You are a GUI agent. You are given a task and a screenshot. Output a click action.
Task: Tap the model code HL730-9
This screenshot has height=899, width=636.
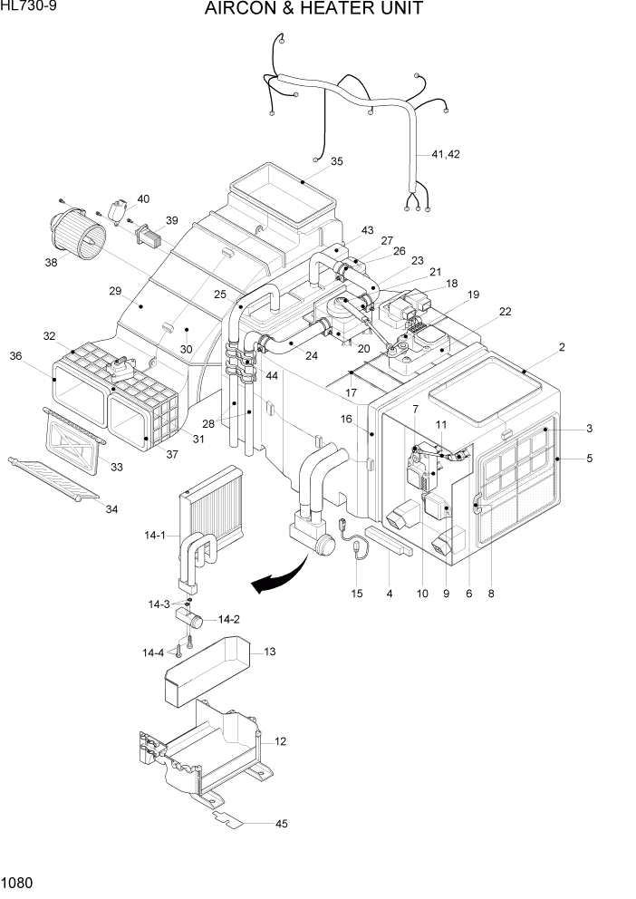tap(28, 7)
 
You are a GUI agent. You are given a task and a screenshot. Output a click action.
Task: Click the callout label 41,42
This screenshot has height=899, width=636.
tap(445, 155)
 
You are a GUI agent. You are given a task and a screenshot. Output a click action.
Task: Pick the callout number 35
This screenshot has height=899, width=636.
tap(336, 162)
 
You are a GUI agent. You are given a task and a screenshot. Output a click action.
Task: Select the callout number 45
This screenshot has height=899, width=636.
tap(281, 823)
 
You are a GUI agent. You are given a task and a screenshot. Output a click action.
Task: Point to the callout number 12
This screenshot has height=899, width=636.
tap(281, 741)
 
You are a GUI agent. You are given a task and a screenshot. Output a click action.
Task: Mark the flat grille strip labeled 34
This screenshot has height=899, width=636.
tap(54, 479)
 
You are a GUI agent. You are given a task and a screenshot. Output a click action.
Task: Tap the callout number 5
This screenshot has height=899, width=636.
tap(589, 459)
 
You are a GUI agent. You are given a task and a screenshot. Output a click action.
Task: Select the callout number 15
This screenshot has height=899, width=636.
tap(357, 594)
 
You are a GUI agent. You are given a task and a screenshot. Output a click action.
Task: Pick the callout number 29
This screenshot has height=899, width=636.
tap(115, 291)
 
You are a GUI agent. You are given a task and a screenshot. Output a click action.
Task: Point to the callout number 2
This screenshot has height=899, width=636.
tap(562, 347)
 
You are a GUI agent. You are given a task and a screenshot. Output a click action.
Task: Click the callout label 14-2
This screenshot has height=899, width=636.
tap(229, 620)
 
